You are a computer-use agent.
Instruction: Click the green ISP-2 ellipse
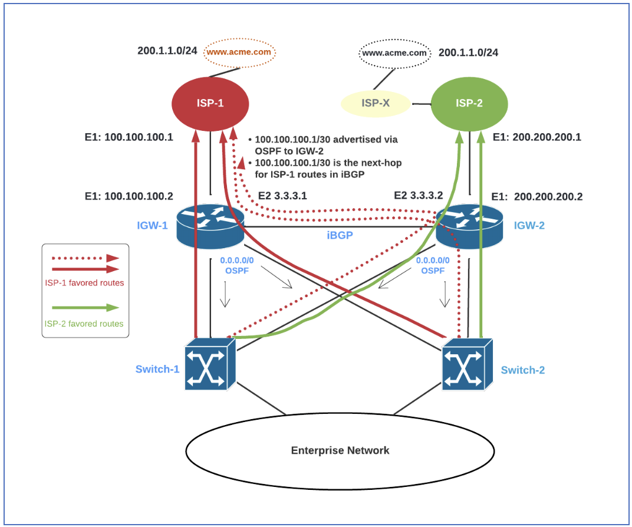click(469, 104)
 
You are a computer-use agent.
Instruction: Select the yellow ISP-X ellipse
click(376, 104)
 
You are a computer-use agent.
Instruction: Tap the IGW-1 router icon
click(210, 226)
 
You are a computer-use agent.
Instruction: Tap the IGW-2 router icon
click(469, 226)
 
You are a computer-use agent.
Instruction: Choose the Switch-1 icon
click(210, 365)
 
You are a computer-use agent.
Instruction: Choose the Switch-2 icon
click(468, 365)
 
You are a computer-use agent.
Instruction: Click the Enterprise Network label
click(340, 450)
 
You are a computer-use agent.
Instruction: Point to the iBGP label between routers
click(340, 234)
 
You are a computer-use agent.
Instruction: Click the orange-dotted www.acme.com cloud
click(240, 52)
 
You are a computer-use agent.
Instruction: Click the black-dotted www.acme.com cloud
click(393, 53)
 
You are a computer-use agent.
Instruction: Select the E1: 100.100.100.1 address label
click(129, 137)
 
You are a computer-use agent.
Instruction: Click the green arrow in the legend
click(85, 307)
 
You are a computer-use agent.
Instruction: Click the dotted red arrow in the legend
click(85, 258)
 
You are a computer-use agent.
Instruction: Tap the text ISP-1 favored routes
click(84, 282)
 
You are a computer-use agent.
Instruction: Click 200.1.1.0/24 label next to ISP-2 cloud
click(468, 53)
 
